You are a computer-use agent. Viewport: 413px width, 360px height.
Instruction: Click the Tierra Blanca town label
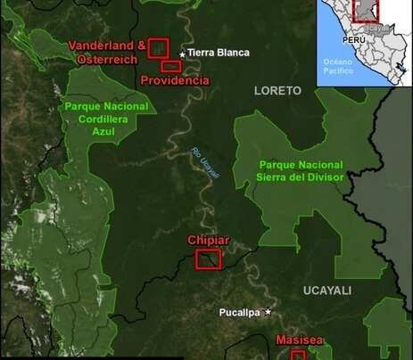pos(219,53)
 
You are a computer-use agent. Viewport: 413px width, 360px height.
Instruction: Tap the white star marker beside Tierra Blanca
pos(182,54)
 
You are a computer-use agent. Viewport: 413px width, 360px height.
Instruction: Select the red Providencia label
pos(176,80)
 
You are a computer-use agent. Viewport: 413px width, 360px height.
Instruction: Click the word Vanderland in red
pos(101,45)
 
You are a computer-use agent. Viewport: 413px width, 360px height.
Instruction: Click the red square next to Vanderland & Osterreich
pos(158,48)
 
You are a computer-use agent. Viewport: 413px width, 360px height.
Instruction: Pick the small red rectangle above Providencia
pos(170,66)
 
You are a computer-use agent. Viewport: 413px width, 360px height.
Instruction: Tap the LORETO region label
pos(278,90)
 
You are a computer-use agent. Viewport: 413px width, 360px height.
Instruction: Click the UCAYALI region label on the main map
pos(327,290)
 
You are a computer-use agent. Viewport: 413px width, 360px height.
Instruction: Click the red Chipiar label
pos(209,241)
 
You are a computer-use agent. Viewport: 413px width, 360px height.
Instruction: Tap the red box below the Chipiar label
pos(209,258)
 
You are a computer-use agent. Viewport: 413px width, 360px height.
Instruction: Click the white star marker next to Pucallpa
pos(267,311)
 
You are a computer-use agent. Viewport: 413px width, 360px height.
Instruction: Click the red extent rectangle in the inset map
pos(367,9)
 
